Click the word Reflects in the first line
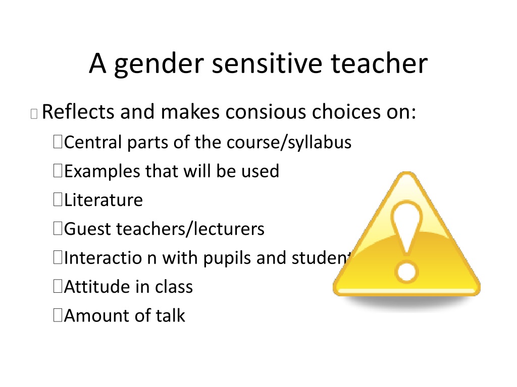(78, 111)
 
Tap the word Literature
(104, 200)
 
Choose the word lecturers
(229, 229)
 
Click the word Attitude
(99, 286)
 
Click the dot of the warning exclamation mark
(406, 272)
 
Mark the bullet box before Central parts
(58, 142)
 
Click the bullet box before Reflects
(34, 113)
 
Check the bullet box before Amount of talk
(58, 314)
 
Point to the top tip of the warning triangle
(407, 172)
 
